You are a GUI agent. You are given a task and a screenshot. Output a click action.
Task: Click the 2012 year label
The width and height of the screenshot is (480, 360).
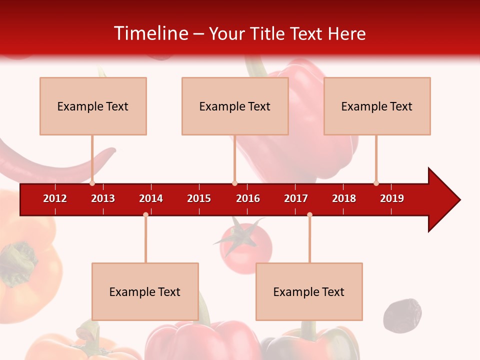55,198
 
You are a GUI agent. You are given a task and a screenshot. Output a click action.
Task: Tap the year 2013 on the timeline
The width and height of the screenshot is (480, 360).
103,198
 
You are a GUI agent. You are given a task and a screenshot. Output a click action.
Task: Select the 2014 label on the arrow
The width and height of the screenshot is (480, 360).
151,198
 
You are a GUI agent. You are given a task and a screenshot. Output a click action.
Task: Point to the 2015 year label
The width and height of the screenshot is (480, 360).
199,198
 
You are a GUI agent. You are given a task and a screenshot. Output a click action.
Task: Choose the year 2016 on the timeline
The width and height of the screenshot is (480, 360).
248,198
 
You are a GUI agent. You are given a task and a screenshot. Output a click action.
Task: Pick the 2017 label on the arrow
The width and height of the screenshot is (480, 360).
296,198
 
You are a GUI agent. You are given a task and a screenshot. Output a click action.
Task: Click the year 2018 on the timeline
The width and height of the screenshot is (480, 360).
344,198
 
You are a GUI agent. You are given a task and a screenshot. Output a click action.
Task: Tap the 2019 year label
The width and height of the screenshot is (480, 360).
392,198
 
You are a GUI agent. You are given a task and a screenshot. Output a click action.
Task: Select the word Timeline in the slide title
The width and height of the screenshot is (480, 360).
150,33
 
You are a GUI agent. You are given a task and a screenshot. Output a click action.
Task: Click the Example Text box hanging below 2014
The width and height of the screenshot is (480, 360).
145,291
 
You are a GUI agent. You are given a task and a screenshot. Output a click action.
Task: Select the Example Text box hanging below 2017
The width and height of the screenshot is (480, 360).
309,291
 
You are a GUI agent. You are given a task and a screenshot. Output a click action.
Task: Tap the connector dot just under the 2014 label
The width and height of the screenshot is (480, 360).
145,214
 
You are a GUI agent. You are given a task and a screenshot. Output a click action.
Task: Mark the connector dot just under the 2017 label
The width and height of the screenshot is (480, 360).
309,214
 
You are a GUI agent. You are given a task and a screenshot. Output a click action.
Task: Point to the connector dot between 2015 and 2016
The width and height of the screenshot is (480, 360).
234,183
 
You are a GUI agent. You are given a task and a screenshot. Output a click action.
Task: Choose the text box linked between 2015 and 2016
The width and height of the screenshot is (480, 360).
235,106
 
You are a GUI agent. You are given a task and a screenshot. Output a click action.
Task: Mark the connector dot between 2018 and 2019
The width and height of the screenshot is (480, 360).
376,183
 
